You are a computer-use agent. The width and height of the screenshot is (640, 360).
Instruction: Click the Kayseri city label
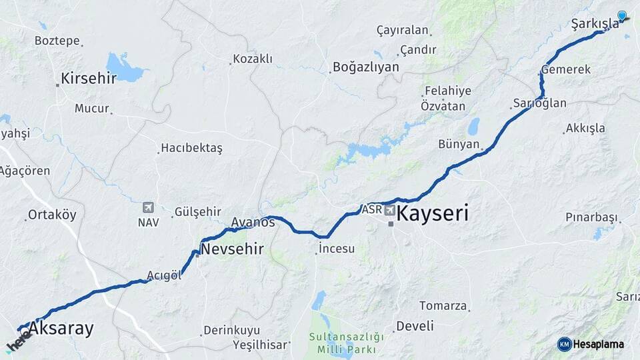point(432,214)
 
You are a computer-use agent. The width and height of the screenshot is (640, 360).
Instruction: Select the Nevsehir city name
point(232,249)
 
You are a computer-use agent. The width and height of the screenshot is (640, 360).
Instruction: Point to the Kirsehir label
point(88,79)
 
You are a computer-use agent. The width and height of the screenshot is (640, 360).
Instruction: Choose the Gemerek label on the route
point(566,69)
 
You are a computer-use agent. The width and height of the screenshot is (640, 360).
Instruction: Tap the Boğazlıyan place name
point(365,67)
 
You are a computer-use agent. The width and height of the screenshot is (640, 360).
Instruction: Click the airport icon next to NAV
point(148,208)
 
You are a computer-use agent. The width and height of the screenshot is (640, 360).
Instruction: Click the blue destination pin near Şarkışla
point(622,16)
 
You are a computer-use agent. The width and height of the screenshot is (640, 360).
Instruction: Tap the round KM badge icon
point(565,344)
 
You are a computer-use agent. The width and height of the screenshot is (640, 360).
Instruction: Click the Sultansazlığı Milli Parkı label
point(347,343)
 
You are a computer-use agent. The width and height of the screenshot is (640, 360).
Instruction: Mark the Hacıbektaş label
point(192,148)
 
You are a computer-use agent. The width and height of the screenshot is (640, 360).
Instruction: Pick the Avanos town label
point(253,222)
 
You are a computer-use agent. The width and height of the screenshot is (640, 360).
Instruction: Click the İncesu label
point(337,249)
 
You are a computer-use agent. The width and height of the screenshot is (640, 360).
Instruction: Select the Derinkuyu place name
point(232,331)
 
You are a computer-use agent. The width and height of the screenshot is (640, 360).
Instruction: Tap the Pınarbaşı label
point(591,217)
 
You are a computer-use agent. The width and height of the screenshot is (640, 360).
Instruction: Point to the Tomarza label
point(443,306)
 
